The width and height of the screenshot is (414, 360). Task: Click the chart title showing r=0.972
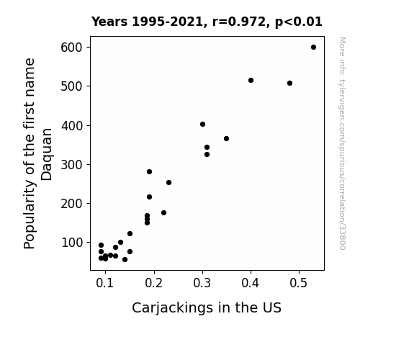[x=207, y=22]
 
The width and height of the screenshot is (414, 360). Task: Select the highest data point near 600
[x=313, y=48]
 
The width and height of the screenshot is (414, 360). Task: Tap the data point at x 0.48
[x=289, y=84]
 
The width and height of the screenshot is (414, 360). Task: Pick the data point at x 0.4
[x=251, y=81]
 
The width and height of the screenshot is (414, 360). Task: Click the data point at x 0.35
[x=226, y=139]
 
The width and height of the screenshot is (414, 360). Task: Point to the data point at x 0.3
[x=202, y=124]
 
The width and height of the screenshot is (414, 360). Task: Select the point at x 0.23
[x=168, y=182]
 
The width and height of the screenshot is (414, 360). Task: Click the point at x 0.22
[x=163, y=212]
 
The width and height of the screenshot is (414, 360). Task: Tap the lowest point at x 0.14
[x=125, y=260]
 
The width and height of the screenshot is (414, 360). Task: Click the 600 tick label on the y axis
[x=71, y=48]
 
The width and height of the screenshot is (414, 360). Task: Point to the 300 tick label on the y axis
[x=71, y=165]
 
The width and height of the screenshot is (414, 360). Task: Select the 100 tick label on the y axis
[x=71, y=243]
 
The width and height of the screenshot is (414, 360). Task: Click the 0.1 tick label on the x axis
[x=105, y=283]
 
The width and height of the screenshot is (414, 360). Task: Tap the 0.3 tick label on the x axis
[x=202, y=283]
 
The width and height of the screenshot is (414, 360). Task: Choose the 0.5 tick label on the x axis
[x=298, y=283]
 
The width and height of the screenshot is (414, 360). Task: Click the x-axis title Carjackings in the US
[x=207, y=308]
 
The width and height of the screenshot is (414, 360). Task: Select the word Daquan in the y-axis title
[x=47, y=155]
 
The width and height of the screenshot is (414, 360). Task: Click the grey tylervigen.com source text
[x=342, y=143]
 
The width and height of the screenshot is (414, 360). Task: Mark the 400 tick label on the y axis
[x=71, y=126]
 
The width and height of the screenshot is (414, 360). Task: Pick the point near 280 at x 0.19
[x=149, y=171]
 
